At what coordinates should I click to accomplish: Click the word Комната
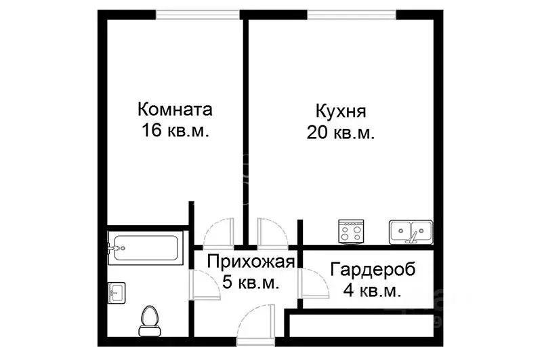(x=175, y=109)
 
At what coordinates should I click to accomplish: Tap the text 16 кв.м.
(x=175, y=131)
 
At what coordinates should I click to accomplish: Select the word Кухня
(x=341, y=111)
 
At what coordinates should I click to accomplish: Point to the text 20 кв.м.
(x=341, y=132)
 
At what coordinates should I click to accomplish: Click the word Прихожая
(x=251, y=262)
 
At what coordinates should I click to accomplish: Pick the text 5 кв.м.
(x=251, y=283)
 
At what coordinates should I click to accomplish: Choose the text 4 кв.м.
(x=372, y=291)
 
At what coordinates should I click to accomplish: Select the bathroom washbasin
(x=116, y=294)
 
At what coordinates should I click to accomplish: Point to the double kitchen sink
(x=411, y=233)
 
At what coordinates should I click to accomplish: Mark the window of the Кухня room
(x=351, y=14)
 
